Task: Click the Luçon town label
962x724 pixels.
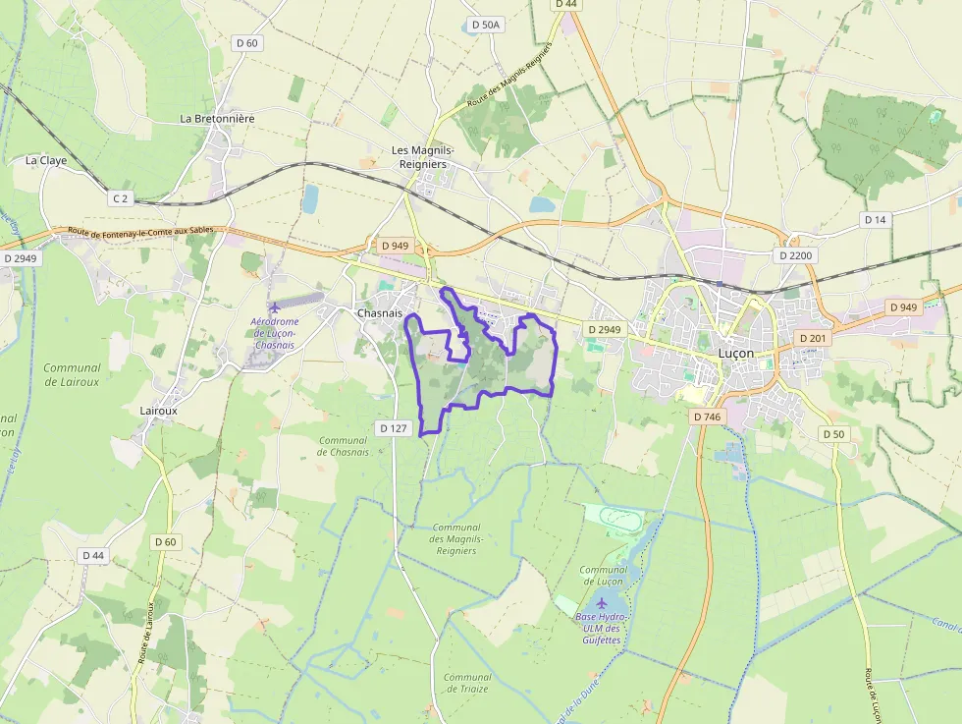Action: [736, 353]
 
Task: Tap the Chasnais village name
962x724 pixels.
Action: [380, 313]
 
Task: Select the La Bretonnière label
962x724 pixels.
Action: [217, 119]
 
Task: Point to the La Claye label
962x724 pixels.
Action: [46, 160]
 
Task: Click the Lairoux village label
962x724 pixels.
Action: [158, 411]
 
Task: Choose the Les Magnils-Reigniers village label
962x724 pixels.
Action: [419, 157]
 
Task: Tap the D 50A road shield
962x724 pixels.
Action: [485, 25]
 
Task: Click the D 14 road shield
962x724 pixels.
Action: [875, 220]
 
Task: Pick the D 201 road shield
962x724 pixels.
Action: [813, 338]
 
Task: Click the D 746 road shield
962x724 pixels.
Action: [707, 417]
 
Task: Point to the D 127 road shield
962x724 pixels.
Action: [393, 427]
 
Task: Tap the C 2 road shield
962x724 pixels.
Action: [120, 198]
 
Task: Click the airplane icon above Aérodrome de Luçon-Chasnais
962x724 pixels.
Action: [274, 309]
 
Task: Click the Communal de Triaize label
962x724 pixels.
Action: [467, 683]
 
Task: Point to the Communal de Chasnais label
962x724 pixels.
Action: [344, 446]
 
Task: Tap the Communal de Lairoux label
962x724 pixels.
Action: [72, 374]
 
